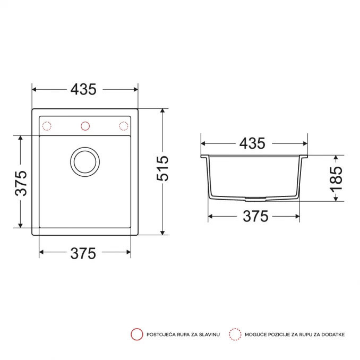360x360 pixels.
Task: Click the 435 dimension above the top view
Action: click(x=83, y=89)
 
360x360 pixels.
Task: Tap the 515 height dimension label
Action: click(x=162, y=168)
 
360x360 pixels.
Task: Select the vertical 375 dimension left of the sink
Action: click(x=21, y=183)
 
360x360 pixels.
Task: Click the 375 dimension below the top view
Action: click(x=83, y=253)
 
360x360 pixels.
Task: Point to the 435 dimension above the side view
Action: click(x=252, y=143)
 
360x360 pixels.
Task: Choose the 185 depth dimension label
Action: click(x=336, y=179)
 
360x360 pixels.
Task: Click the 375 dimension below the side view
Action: click(x=255, y=216)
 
